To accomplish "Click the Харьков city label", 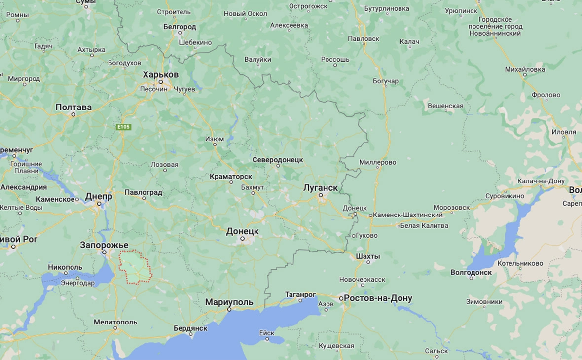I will (x=160, y=75).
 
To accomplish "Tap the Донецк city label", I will (x=242, y=231).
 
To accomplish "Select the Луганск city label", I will (x=320, y=188).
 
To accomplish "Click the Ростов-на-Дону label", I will (x=378, y=298).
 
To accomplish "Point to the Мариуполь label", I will (x=229, y=302).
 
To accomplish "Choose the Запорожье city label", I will (x=104, y=245).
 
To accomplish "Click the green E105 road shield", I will (x=124, y=127).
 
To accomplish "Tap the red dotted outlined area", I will (x=135, y=267).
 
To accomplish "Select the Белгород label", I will (x=180, y=27).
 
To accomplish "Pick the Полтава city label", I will (x=73, y=107).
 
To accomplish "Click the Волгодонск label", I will (x=471, y=272).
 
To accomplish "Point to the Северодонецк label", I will (x=277, y=160).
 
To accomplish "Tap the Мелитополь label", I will (x=115, y=322).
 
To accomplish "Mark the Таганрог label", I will (x=300, y=294).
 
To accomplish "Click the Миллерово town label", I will (x=377, y=162).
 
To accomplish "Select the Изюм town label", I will (x=214, y=139).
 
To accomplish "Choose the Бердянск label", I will (x=190, y=328).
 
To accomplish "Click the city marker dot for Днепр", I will (x=99, y=203).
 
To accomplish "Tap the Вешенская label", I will (x=445, y=106).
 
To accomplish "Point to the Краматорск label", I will (x=230, y=176).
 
